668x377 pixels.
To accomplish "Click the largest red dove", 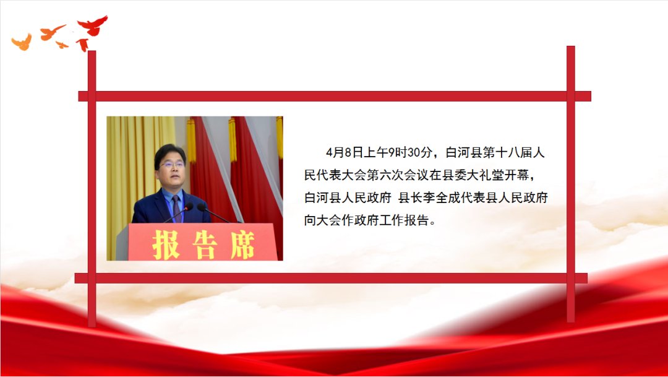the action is (x=92, y=26).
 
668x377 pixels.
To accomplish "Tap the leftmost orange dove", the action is (x=22, y=42).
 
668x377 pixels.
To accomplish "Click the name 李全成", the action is (x=442, y=197).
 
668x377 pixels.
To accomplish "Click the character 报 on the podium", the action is (x=166, y=245).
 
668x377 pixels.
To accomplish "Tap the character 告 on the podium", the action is (x=205, y=245).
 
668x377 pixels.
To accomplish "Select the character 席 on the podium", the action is (x=243, y=245).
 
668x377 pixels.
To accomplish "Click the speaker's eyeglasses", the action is (x=173, y=164).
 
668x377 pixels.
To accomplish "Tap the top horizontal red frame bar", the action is (x=335, y=97).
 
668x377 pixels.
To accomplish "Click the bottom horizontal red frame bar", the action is (x=331, y=278).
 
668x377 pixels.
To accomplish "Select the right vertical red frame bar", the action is (x=571, y=184).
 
